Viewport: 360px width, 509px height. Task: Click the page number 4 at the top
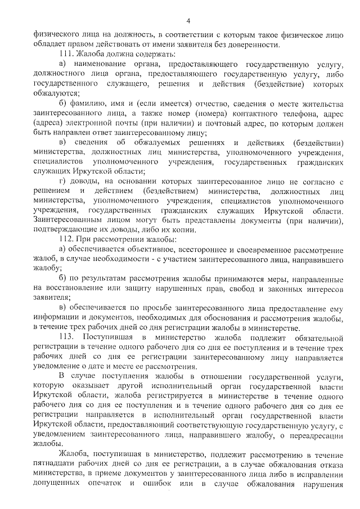coord(188,21)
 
